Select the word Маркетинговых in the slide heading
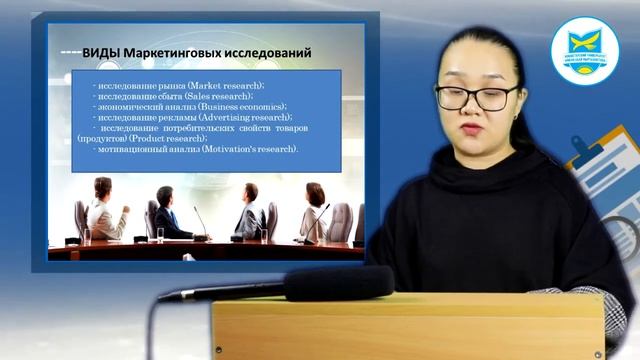[177, 51]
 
